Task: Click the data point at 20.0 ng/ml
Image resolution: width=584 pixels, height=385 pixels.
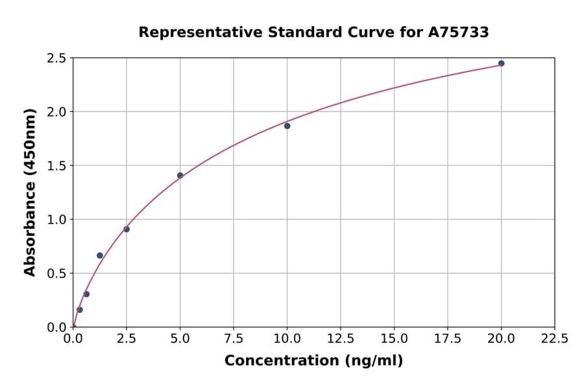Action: tap(501, 64)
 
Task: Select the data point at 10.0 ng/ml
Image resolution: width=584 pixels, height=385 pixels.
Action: tap(287, 126)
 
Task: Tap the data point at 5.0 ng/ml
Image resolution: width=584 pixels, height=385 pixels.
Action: tap(180, 176)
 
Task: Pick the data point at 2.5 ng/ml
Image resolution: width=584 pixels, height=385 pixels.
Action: tap(127, 229)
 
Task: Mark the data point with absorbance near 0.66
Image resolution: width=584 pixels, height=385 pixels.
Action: tap(100, 255)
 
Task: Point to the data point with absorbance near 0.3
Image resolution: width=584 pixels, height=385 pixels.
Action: tap(86, 294)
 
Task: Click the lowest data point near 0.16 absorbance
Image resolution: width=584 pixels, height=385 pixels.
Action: tap(80, 310)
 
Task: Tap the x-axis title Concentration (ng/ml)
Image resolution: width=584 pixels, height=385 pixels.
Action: tap(313, 361)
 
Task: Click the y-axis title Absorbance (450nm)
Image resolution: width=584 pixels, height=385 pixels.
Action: tap(30, 192)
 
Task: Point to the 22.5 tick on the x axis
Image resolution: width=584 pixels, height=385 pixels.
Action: tap(554, 339)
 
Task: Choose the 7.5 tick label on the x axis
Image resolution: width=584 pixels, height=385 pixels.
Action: tap(234, 339)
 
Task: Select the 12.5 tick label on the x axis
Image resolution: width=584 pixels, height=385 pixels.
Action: tap(341, 339)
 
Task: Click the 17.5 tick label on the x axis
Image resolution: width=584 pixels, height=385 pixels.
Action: tap(447, 339)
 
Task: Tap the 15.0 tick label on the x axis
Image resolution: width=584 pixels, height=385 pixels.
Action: tap(394, 339)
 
